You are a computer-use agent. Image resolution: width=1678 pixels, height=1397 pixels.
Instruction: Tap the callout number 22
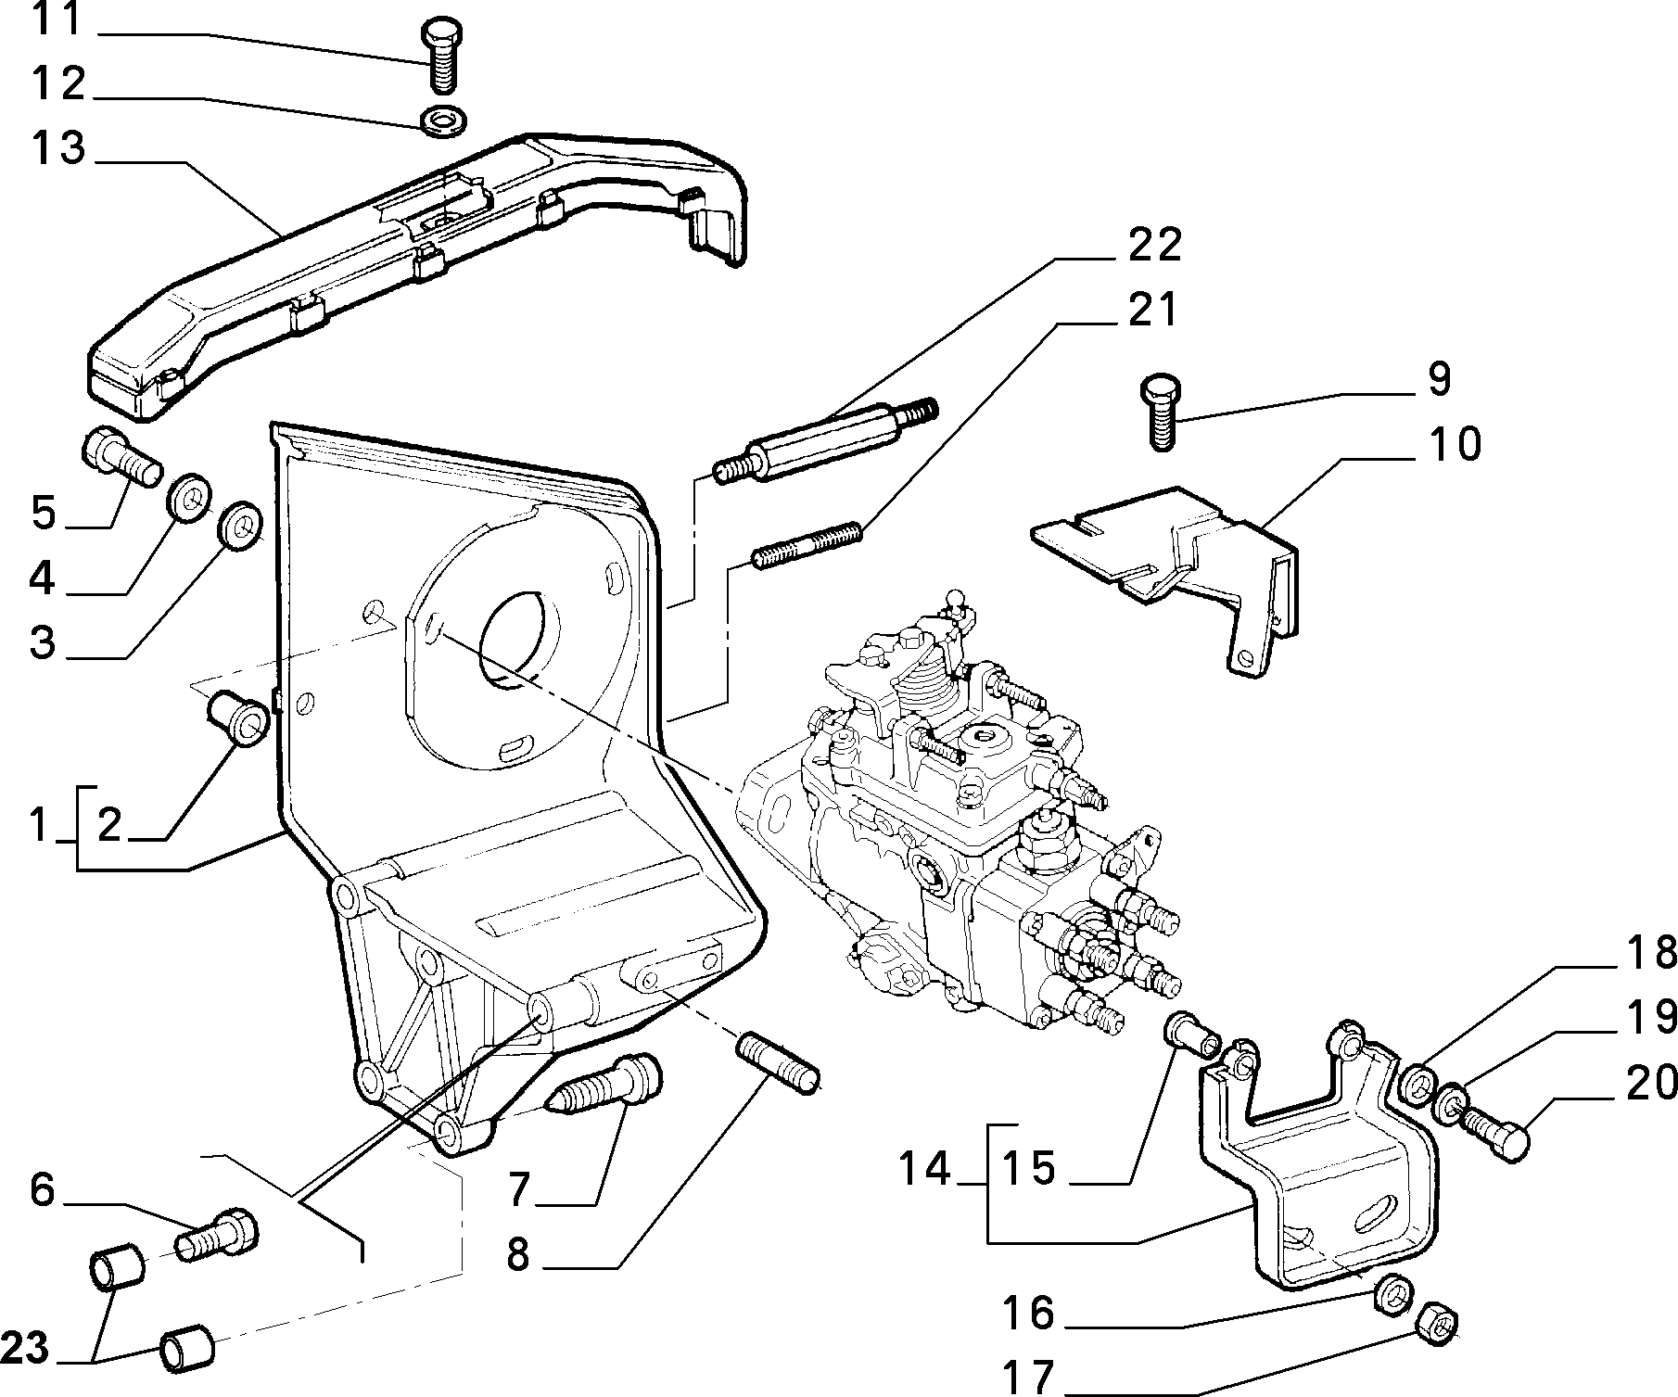[1155, 245]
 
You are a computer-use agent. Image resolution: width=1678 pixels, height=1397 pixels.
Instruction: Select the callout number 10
[1456, 444]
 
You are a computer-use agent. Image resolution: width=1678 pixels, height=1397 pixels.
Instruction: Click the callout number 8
[518, 1255]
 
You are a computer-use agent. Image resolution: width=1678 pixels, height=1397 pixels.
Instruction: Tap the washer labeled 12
[444, 121]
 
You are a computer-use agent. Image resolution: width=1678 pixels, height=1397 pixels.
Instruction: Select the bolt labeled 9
[1159, 413]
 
